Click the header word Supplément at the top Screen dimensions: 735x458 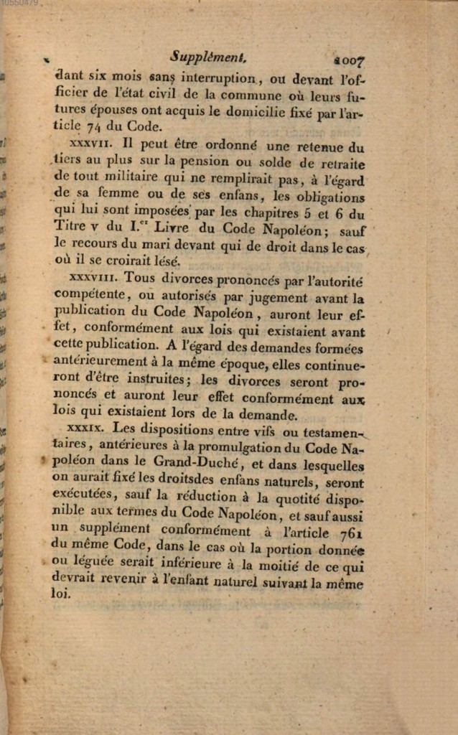pos(208,55)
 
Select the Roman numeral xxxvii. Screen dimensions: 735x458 pos(88,144)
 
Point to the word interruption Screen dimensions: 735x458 pos(212,78)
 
